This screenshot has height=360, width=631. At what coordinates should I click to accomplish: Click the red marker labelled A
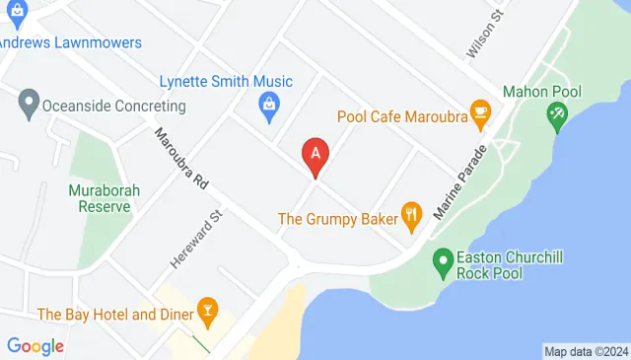click(315, 154)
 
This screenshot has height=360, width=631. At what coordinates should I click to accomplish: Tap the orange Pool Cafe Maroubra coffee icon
click(480, 115)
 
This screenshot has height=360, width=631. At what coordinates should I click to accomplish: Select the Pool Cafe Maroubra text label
click(401, 116)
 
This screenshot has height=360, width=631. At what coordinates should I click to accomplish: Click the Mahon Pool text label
click(542, 92)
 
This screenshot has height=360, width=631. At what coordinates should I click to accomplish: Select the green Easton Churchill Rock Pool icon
click(443, 261)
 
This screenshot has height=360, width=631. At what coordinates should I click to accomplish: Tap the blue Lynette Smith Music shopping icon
click(267, 103)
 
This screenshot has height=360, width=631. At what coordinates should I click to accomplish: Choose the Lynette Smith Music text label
click(226, 81)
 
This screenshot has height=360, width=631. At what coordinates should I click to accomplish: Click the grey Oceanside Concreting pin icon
click(28, 102)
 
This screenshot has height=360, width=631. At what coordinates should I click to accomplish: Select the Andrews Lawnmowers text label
click(71, 43)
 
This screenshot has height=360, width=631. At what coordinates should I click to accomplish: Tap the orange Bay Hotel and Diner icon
click(207, 312)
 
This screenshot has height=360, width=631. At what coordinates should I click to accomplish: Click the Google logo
click(35, 346)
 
